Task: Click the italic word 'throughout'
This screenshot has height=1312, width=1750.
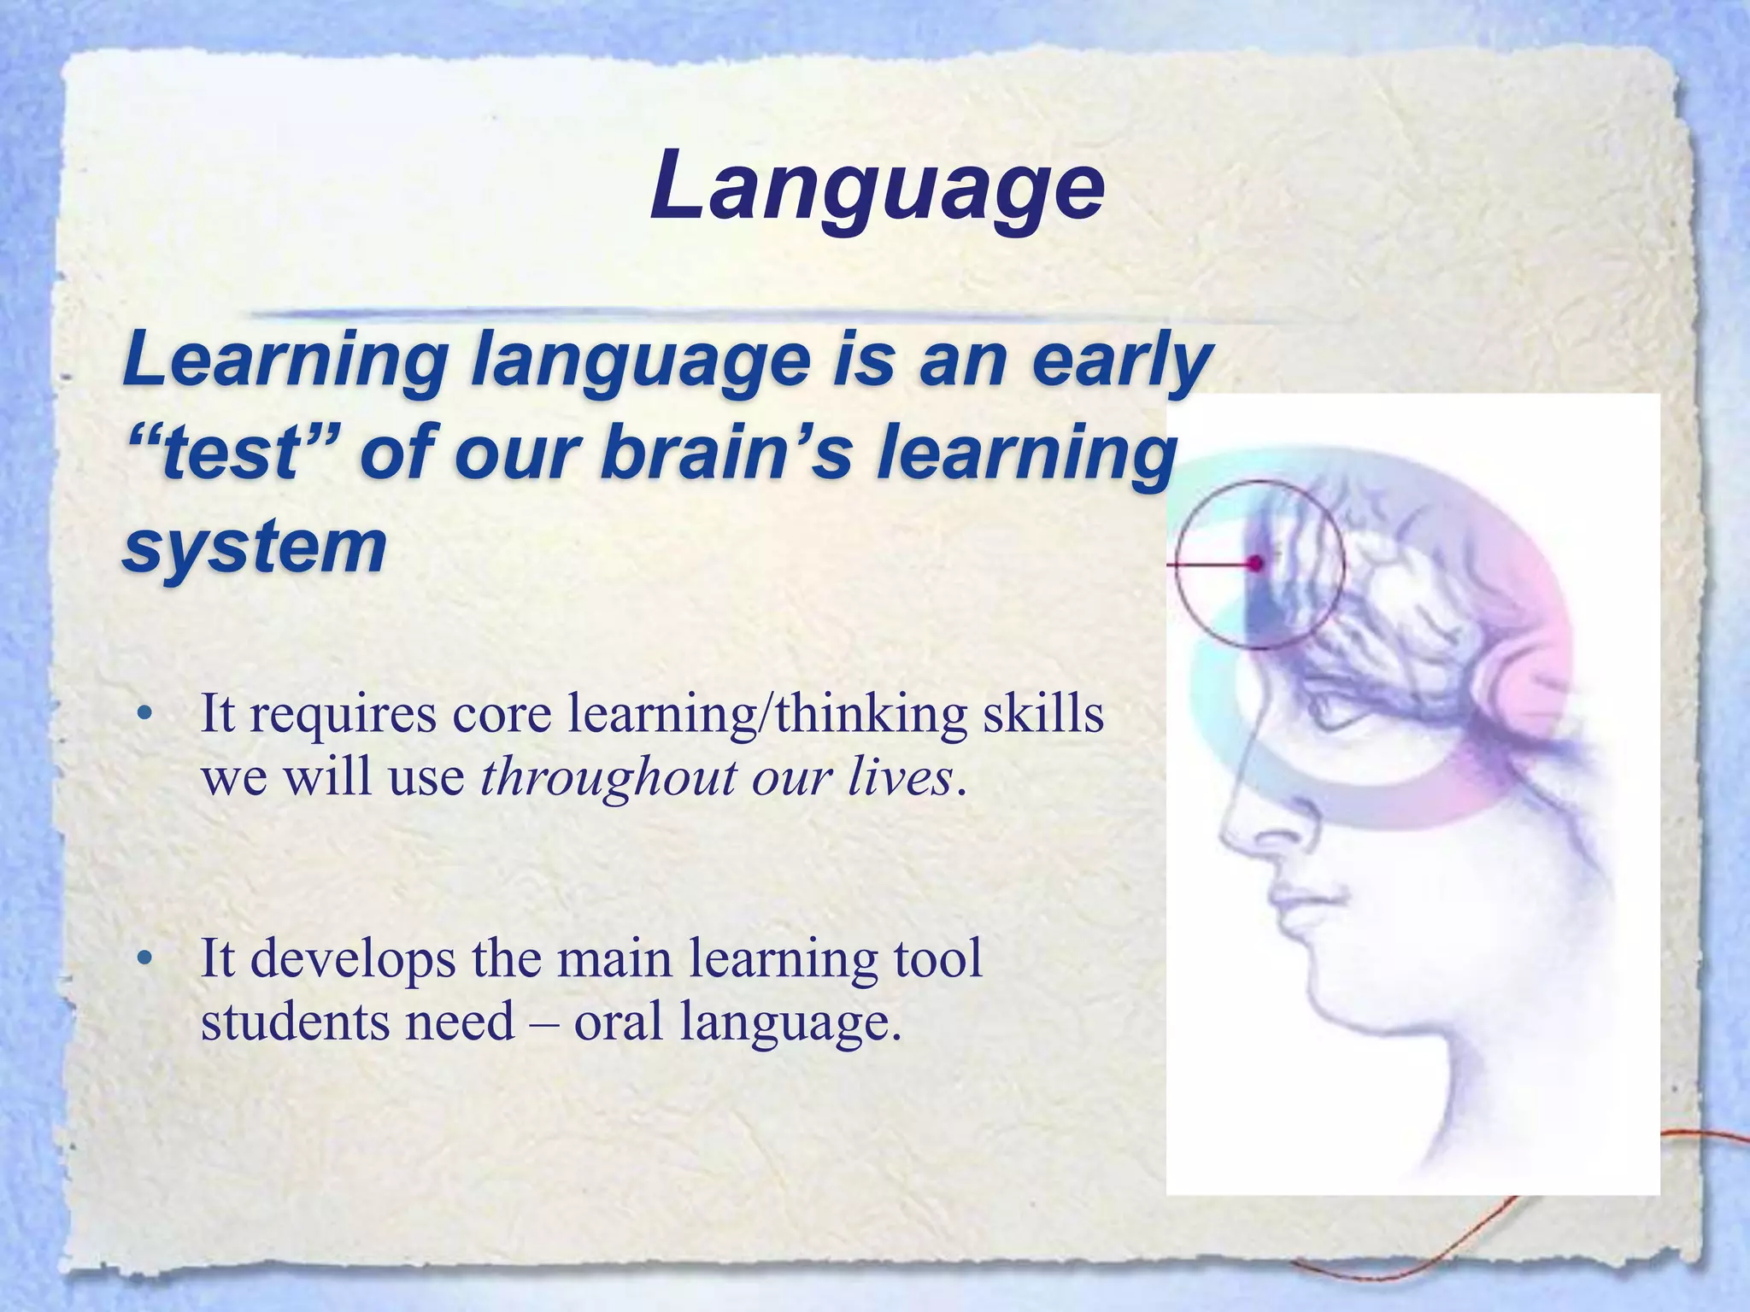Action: pos(608,778)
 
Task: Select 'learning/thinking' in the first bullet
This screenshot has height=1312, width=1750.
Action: pos(768,716)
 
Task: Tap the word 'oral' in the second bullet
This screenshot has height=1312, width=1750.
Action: pos(618,1022)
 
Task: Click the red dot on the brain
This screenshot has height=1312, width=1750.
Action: pos(1255,563)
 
